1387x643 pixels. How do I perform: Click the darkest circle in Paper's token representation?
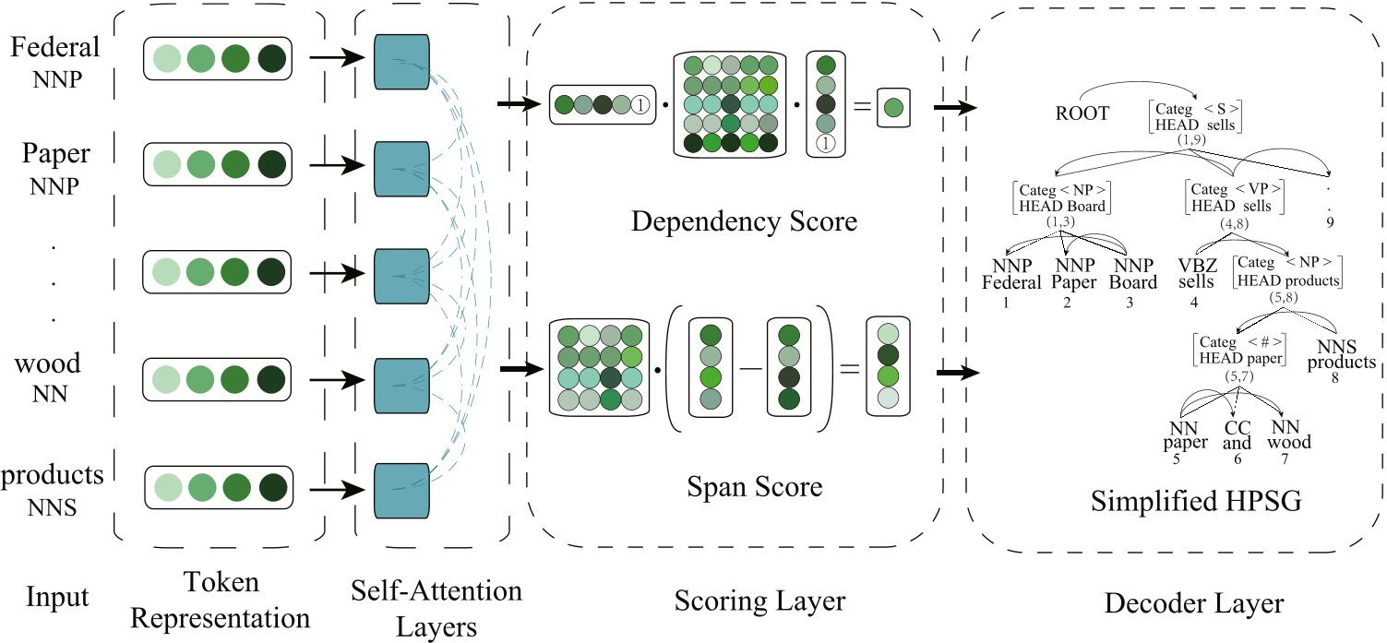pos(272,167)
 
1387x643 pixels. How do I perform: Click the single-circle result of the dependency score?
pos(893,107)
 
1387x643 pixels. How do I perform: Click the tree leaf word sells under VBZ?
pos(1196,281)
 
